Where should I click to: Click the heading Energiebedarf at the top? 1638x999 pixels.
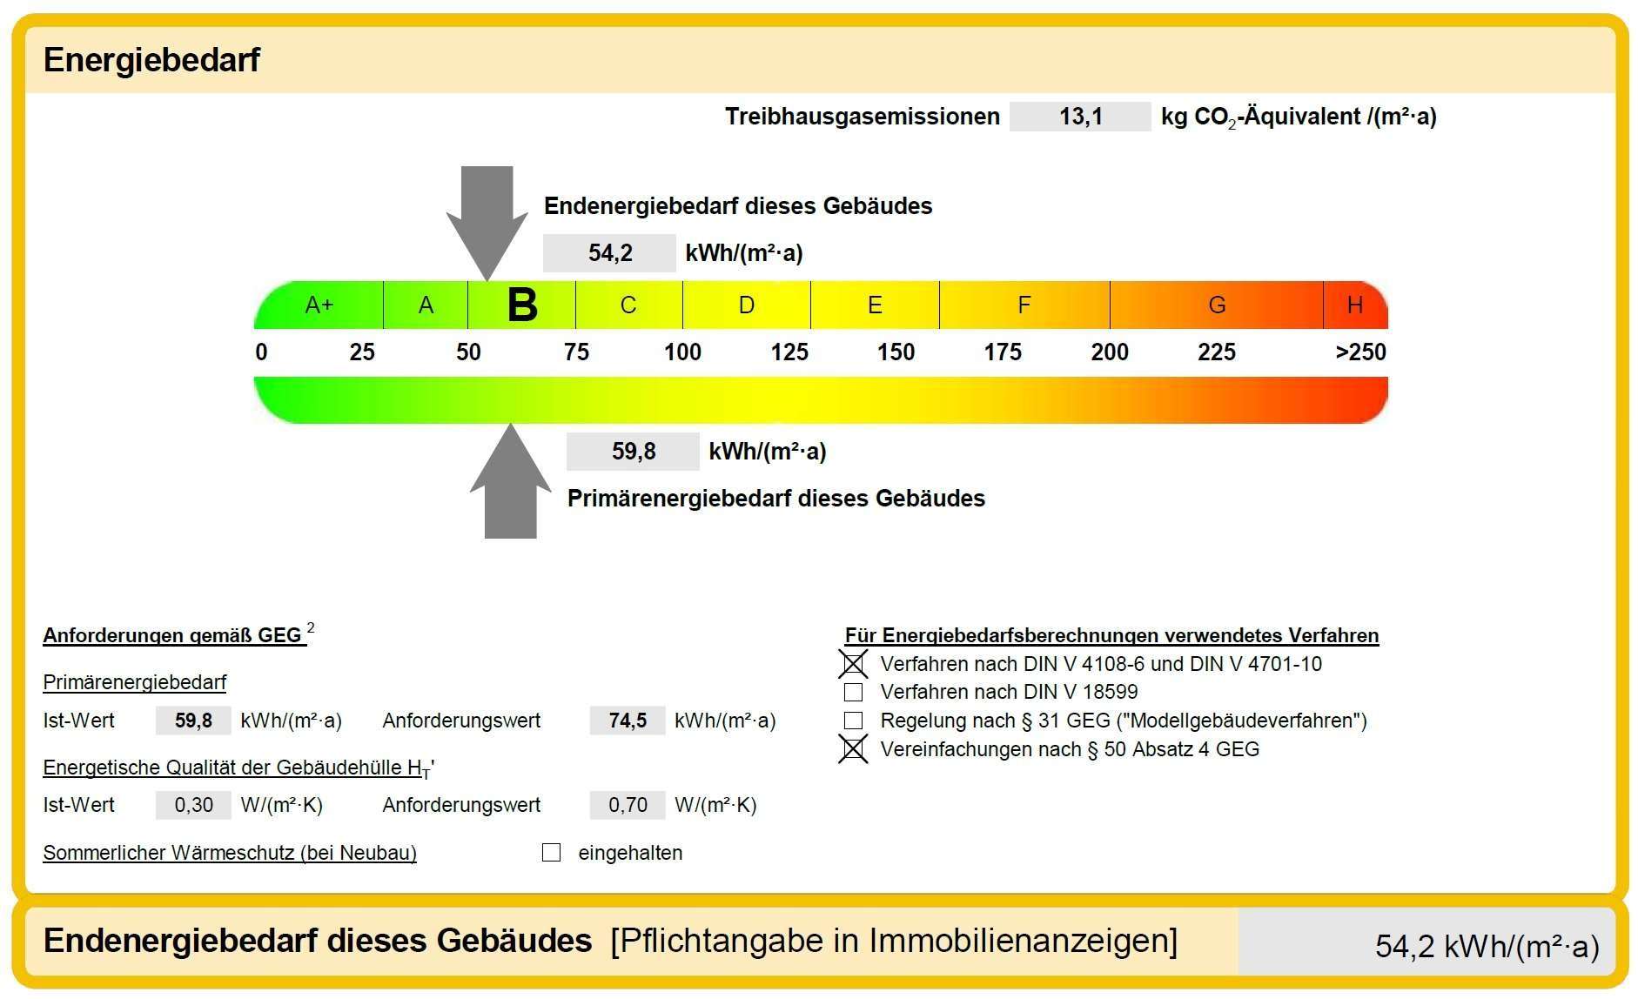tap(151, 60)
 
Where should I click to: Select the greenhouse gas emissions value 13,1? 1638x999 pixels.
tap(1080, 117)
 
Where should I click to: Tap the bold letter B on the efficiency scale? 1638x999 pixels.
tap(522, 305)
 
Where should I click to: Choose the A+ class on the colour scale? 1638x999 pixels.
tap(319, 305)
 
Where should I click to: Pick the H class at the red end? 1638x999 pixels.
tap(1354, 305)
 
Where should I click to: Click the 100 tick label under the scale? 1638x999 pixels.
tap(682, 352)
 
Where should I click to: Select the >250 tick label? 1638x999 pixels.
tap(1360, 352)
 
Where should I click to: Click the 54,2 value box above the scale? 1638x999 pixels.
tap(609, 253)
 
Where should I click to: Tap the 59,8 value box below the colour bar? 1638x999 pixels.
tap(633, 452)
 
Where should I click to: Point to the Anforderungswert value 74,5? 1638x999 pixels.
tap(628, 721)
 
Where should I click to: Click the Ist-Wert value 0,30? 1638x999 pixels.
tap(193, 805)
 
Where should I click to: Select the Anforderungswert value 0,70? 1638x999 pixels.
tap(628, 805)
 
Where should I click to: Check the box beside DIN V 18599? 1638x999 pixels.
tap(854, 693)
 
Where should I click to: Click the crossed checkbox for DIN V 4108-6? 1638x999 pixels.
tap(854, 664)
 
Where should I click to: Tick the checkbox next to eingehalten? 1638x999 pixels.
tap(551, 853)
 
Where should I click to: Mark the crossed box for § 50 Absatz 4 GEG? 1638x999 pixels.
tap(854, 749)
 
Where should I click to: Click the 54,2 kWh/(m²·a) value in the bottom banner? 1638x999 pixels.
tap(1487, 946)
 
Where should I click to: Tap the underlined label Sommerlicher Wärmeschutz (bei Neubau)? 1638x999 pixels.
tap(230, 853)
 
